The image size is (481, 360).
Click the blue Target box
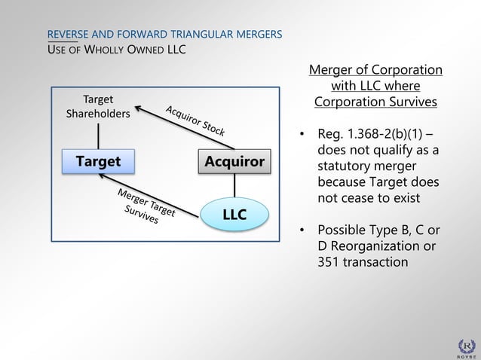click(98, 162)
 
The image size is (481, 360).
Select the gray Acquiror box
click(234, 162)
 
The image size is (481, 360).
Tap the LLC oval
click(234, 215)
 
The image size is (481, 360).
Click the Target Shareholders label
click(98, 106)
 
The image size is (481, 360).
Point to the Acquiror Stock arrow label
click(195, 121)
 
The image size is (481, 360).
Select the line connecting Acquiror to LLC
click(234, 185)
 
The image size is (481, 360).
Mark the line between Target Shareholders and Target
click(98, 136)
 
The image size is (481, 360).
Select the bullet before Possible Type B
click(302, 230)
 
